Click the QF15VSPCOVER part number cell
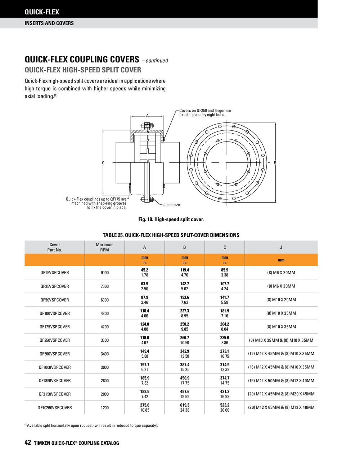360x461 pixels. pyautogui.click(x=54, y=273)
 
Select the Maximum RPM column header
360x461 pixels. pyautogui.click(x=104, y=247)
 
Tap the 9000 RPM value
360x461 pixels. pyautogui.click(x=104, y=273)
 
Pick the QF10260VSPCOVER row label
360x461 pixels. pyautogui.click(x=54, y=408)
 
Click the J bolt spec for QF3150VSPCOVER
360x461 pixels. pyautogui.click(x=281, y=394)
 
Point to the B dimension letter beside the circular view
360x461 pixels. pyautogui.click(x=275, y=163)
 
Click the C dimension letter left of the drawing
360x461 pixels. pyautogui.click(x=103, y=163)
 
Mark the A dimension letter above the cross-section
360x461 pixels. pyautogui.click(x=147, y=116)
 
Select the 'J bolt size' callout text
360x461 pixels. pyautogui.click(x=171, y=205)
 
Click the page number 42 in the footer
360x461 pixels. pyautogui.click(x=28, y=443)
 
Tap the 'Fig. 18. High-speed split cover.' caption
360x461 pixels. pyautogui.click(x=171, y=219)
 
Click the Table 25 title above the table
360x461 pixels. pyautogui.click(x=171, y=235)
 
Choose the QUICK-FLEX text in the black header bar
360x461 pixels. pyautogui.click(x=42, y=12)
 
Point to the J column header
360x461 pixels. pyautogui.click(x=281, y=247)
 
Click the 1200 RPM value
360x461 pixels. pyautogui.click(x=104, y=408)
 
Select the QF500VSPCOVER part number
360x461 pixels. pyautogui.click(x=54, y=354)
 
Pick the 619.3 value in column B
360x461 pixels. pyautogui.click(x=185, y=405)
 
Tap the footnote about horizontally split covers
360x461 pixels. pyautogui.click(x=91, y=425)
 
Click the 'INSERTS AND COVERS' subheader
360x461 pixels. pyautogui.click(x=49, y=23)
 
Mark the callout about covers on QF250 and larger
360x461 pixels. pyautogui.click(x=205, y=113)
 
